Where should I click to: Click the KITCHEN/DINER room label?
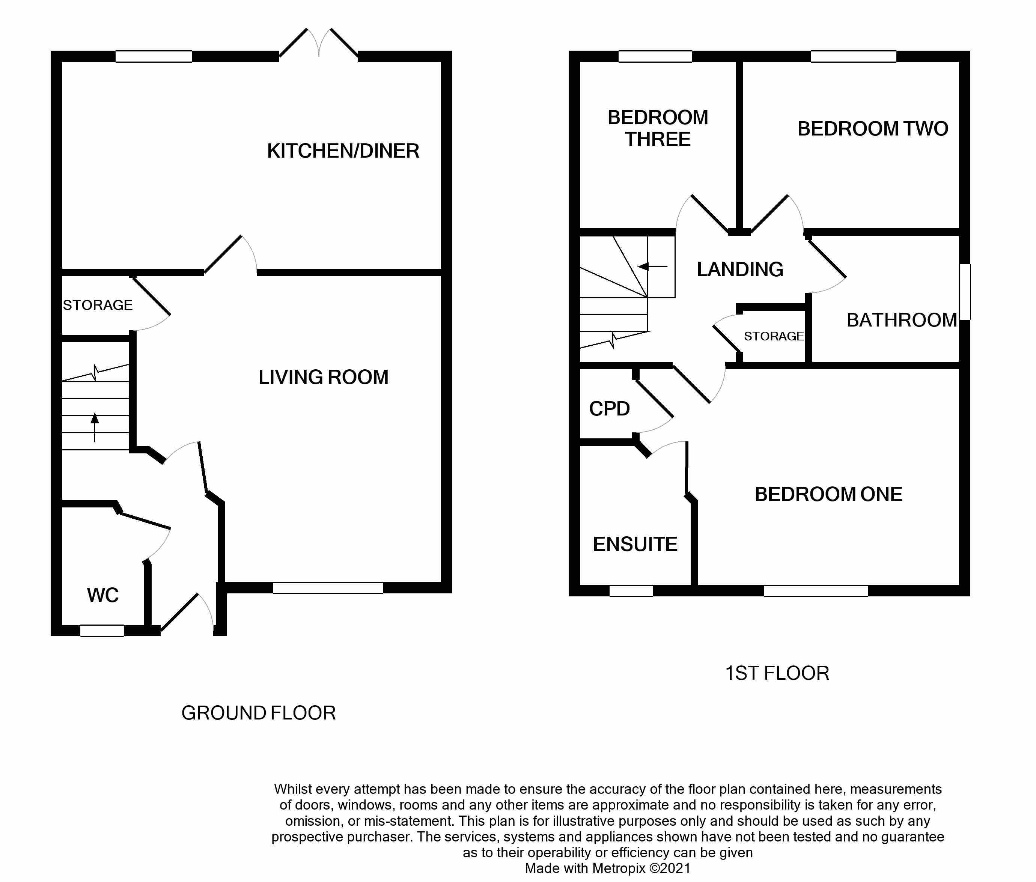click(343, 151)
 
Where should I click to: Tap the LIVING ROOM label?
click(323, 378)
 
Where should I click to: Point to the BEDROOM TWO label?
click(872, 129)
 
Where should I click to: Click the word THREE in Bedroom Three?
click(658, 140)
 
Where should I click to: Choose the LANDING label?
click(740, 269)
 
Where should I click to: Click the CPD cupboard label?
click(609, 409)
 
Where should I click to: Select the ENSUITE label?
click(635, 544)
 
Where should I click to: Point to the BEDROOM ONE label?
click(828, 495)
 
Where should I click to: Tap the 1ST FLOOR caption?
click(777, 673)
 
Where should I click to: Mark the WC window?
click(102, 631)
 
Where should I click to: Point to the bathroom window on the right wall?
click(965, 292)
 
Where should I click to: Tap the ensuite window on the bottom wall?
click(631, 590)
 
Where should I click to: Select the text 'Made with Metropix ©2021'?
click(607, 868)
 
